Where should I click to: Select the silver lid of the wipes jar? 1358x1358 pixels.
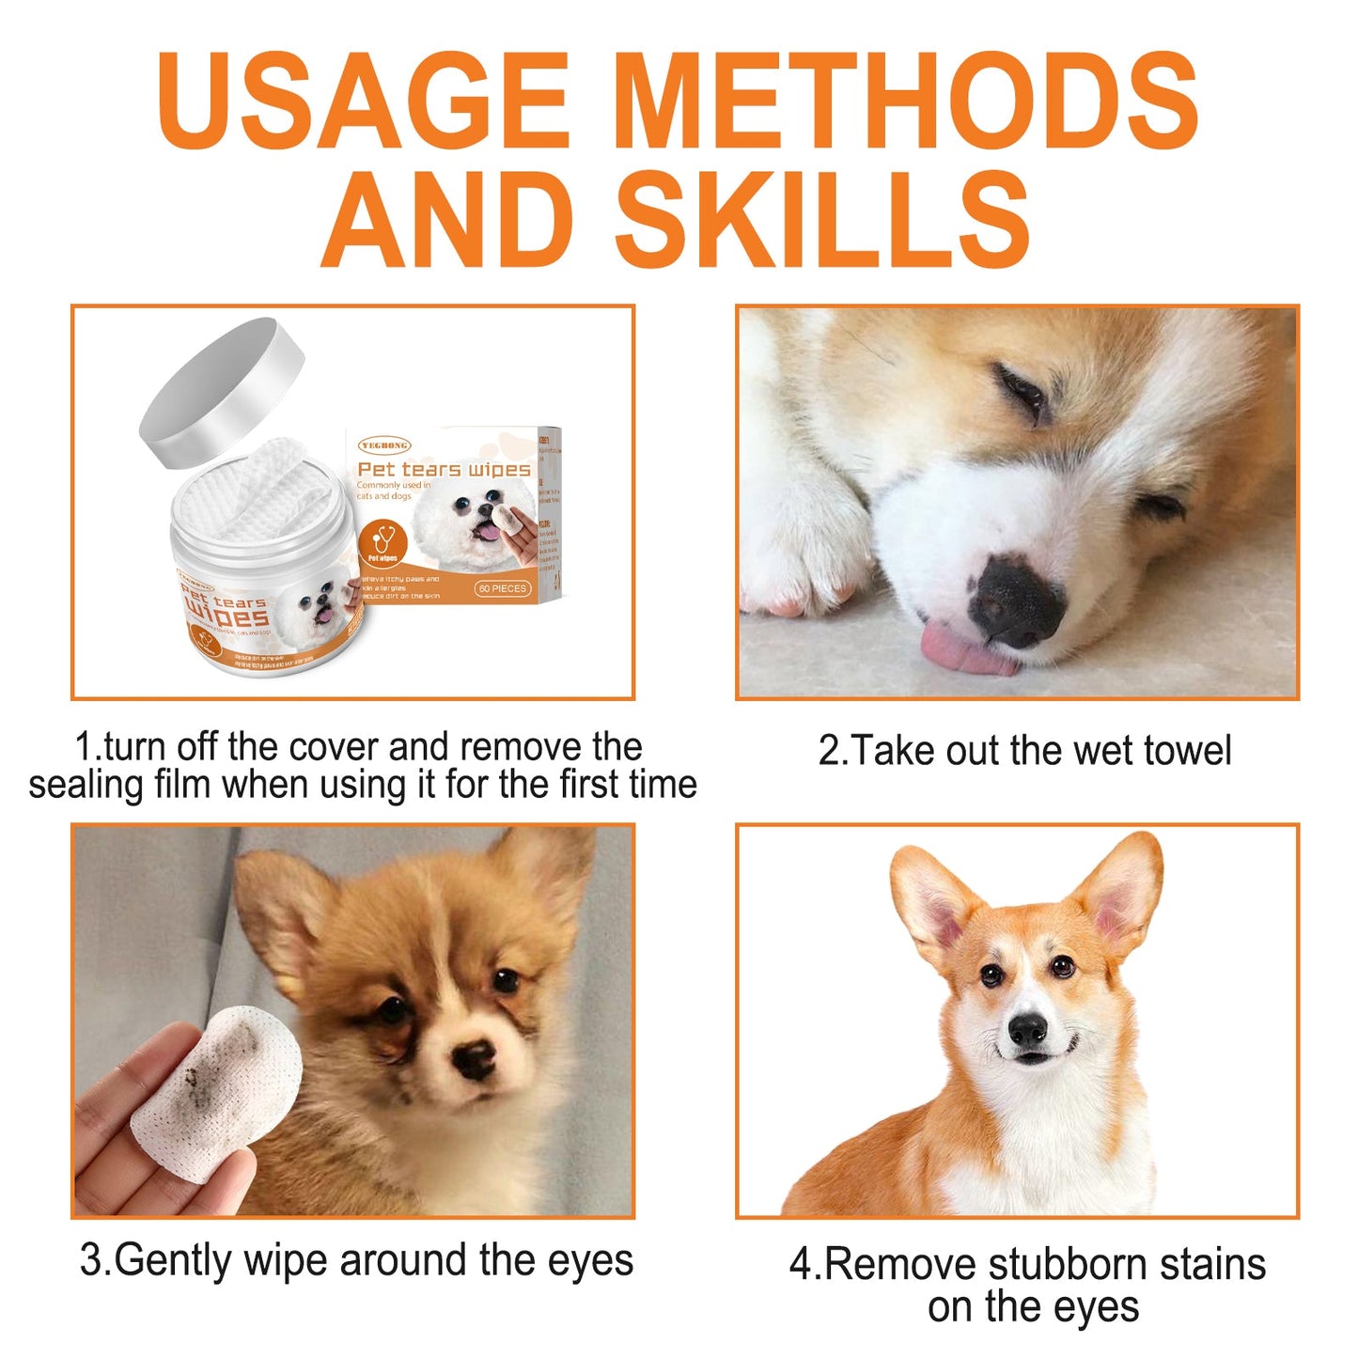point(223,391)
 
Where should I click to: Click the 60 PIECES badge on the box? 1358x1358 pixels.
point(502,588)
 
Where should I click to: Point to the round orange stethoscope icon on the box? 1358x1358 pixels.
point(383,543)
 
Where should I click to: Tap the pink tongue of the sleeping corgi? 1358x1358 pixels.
point(963,650)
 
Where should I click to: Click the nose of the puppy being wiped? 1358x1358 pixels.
point(475,1058)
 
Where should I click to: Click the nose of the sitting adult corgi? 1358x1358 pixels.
point(1027,1031)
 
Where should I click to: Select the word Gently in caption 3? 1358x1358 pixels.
point(174,1260)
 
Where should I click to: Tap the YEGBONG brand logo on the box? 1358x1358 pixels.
point(383,445)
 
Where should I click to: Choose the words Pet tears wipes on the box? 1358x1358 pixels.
point(444,469)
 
